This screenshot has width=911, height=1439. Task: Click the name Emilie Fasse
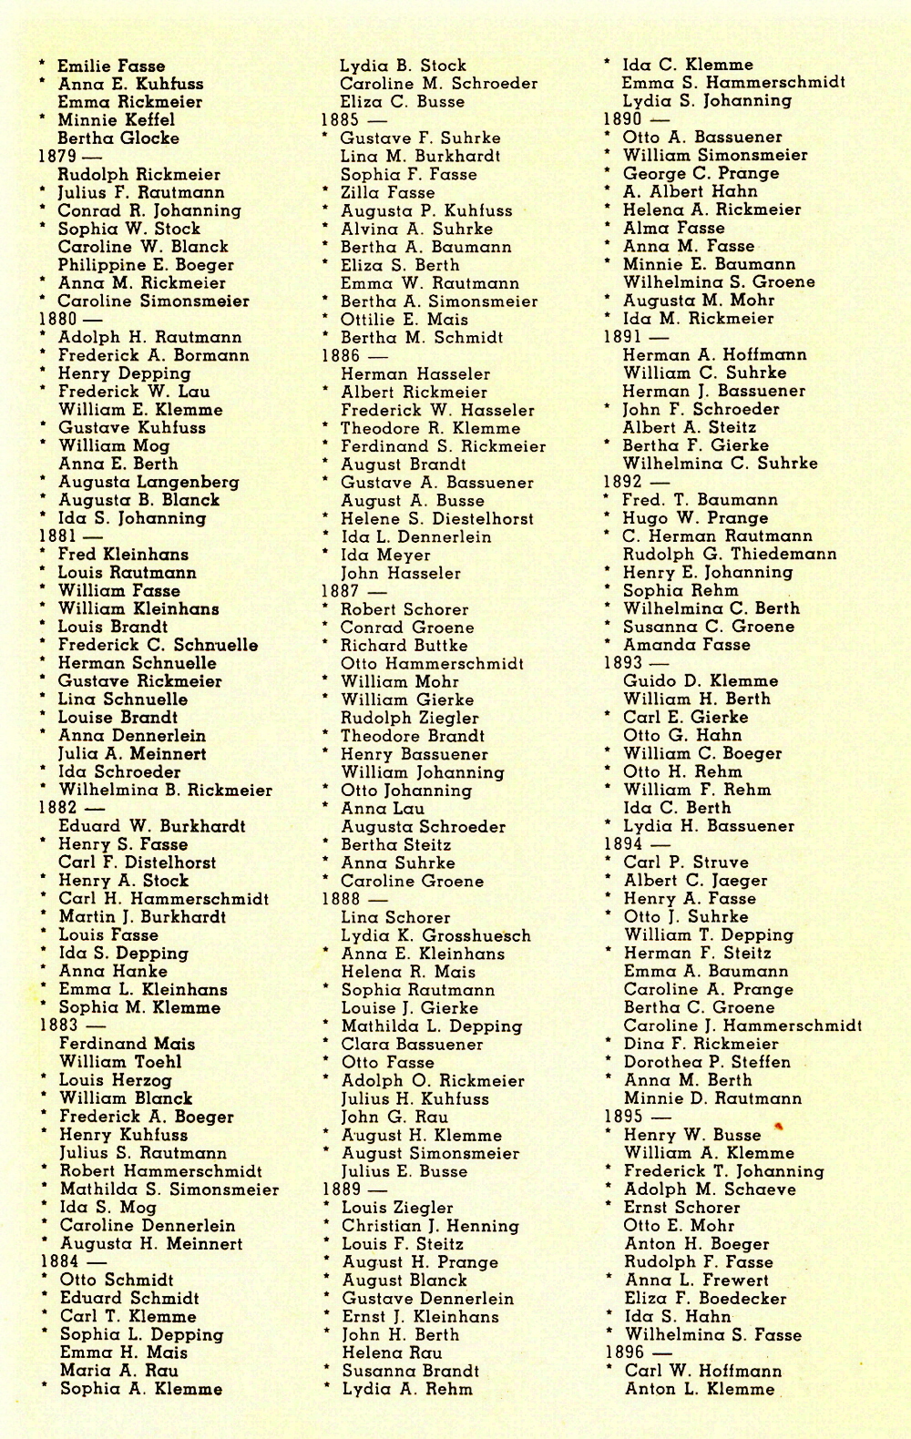coord(111,66)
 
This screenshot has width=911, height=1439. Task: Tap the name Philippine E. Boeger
coord(146,265)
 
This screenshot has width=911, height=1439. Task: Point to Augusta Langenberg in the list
coord(148,482)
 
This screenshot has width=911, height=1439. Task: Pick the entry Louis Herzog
coord(115,1080)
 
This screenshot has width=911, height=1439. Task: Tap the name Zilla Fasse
coord(387,192)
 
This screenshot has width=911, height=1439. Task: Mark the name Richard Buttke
coord(404,645)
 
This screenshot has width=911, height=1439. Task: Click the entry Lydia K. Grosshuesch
coord(435,935)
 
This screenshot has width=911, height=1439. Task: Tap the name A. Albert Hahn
coord(690,191)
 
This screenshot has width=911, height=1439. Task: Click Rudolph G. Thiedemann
coord(730,554)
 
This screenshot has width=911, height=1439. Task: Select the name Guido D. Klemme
coord(701,680)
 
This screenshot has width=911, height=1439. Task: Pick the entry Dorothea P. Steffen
coord(707,1062)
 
